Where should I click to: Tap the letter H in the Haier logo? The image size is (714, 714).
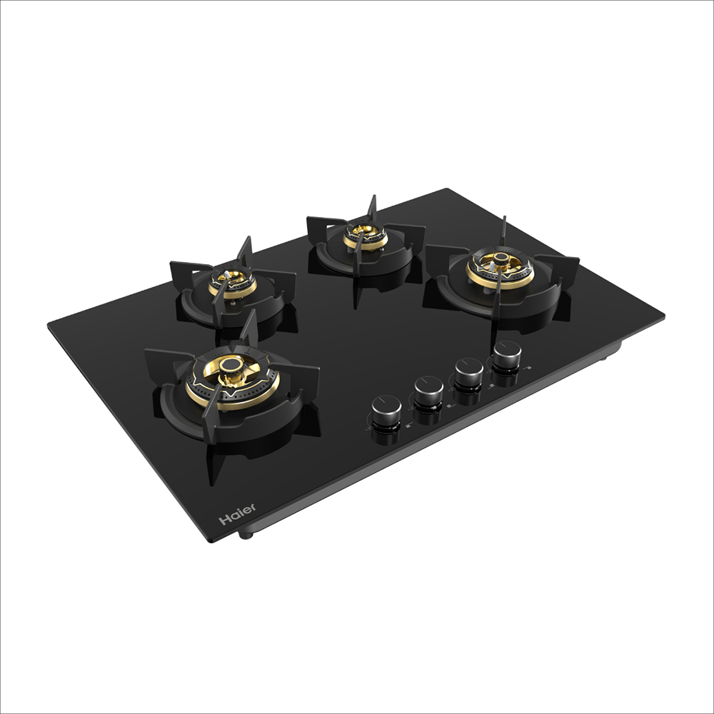224,520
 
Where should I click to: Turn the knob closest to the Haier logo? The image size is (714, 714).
386,412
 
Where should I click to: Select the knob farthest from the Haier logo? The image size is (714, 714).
507,355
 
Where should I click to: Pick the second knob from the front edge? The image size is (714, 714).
428,392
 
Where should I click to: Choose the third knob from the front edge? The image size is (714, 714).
468,373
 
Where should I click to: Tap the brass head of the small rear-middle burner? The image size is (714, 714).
365,232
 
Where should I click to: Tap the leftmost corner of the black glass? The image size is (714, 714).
49,326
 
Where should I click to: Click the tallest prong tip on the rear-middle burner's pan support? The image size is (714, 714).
373,196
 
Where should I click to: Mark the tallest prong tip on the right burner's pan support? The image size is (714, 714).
504,217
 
